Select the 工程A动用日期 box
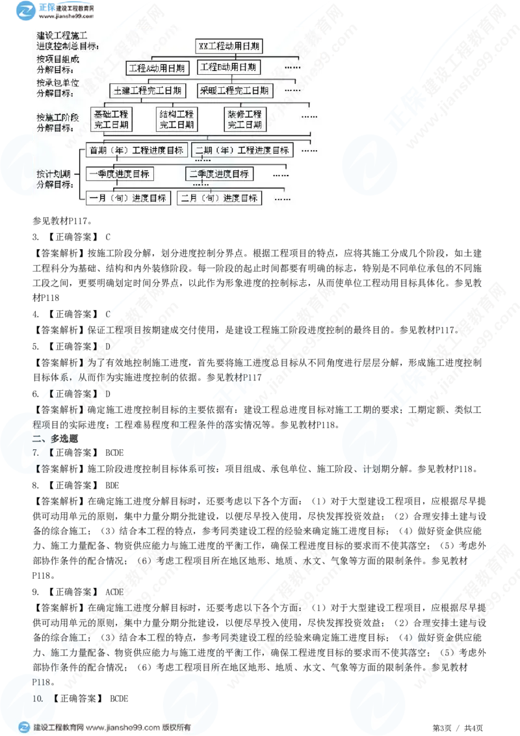pyautogui.click(x=157, y=68)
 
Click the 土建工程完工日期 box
pyautogui.click(x=148, y=90)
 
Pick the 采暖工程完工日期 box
pyautogui.click(x=235, y=90)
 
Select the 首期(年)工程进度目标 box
pyautogui.click(x=136, y=150)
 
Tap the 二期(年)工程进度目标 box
pyautogui.click(x=242, y=150)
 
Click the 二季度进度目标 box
pyautogui.click(x=219, y=174)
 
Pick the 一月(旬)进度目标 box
pyautogui.click(x=128, y=198)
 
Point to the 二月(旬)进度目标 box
pyautogui.click(x=220, y=198)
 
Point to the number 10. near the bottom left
pyautogui.click(x=37, y=698)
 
